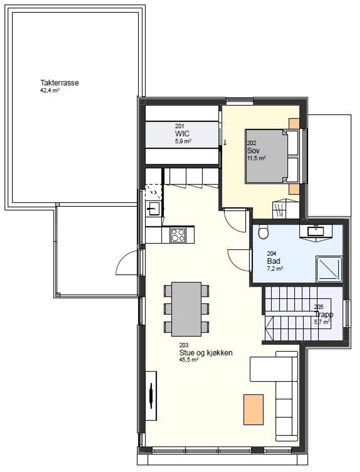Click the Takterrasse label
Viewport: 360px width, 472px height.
pyautogui.click(x=59, y=83)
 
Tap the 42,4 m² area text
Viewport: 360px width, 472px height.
pyautogui.click(x=49, y=90)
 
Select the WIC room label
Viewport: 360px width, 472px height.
pyautogui.click(x=182, y=134)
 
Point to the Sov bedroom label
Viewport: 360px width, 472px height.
pyautogui.click(x=253, y=150)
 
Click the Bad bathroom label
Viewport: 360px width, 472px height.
pyautogui.click(x=274, y=261)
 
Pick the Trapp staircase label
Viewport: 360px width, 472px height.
pyautogui.click(x=323, y=314)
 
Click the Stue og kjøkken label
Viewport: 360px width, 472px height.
pyautogui.click(x=206, y=353)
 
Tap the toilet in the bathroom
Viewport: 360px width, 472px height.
pyautogui.click(x=264, y=231)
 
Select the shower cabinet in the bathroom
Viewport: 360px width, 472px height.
pyautogui.click(x=329, y=269)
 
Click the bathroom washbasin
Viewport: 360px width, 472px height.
pyautogui.click(x=316, y=231)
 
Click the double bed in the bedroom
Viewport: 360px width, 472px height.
pyautogui.click(x=272, y=156)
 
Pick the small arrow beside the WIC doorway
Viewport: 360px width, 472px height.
pyautogui.click(x=225, y=142)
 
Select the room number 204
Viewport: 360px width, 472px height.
pyautogui.click(x=271, y=253)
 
